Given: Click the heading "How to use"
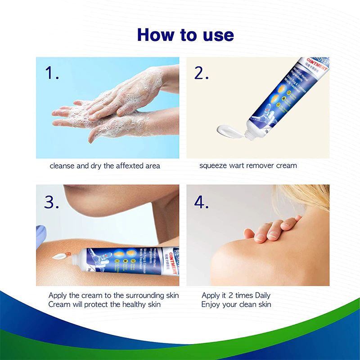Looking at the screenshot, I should pos(185,35).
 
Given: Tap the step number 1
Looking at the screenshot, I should pos(52,73).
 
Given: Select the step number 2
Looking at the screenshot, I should pos(201,73).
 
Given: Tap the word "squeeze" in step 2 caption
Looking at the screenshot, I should pos(213,166).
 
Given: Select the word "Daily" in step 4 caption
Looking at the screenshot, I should pos(262,295).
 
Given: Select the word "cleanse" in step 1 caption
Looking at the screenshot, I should pos(62,166).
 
